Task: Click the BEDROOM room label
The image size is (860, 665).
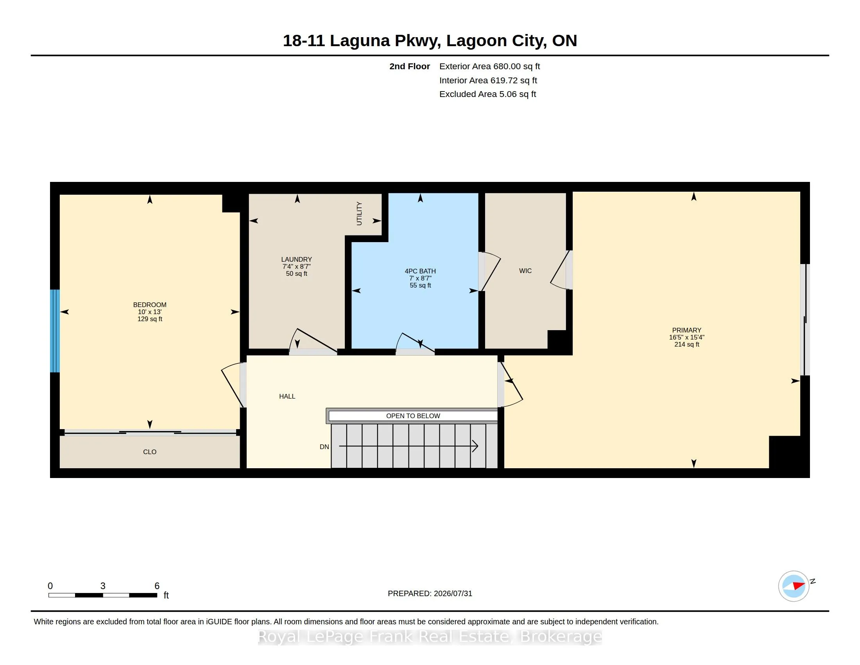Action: coord(150,304)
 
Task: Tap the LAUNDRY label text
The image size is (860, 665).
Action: coord(297,259)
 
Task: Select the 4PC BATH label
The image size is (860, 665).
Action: coord(420,271)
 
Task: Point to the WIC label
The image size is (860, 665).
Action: coord(525,271)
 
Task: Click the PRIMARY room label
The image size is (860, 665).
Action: coord(687,330)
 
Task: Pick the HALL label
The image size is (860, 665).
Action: coord(287,396)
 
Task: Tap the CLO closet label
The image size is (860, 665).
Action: coord(150,452)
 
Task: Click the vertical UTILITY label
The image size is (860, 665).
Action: coord(359,214)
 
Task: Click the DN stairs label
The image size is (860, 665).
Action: coord(324,447)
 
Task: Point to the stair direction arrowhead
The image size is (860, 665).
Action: coord(475,446)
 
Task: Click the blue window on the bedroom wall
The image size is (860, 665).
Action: coord(55,331)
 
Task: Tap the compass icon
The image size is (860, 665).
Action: coord(794,586)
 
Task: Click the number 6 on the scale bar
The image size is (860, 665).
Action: coord(157,586)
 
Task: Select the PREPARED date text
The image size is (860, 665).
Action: coord(430,593)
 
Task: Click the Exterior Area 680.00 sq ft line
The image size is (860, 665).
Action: coord(489,66)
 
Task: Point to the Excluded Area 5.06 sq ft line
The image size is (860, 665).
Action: coord(487,94)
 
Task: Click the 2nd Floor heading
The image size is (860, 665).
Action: coord(410,66)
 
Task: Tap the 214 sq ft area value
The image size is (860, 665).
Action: coord(687,344)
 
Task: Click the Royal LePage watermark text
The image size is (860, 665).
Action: coord(430,636)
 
